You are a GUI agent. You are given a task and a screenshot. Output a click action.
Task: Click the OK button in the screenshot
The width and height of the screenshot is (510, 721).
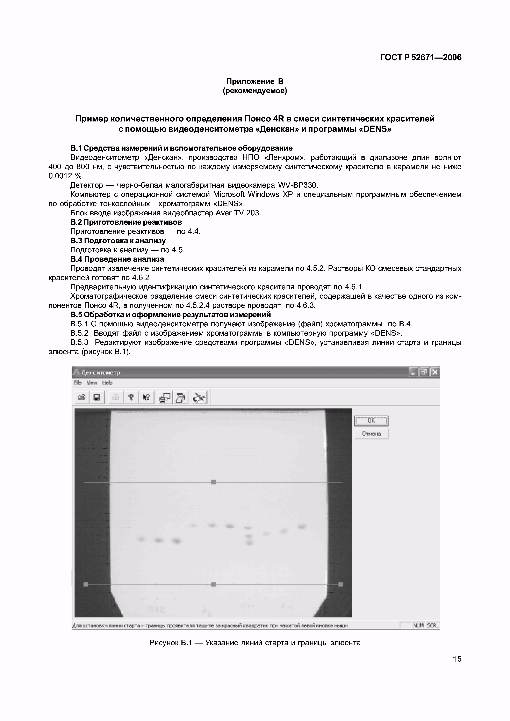click(x=371, y=421)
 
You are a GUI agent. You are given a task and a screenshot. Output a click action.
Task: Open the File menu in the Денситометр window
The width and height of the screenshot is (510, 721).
click(x=77, y=383)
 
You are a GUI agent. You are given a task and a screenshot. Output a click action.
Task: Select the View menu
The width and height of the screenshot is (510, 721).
click(x=92, y=383)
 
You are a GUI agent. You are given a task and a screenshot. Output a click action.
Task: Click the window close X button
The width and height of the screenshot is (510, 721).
click(x=435, y=372)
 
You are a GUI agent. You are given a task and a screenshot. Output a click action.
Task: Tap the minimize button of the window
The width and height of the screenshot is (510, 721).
click(x=413, y=372)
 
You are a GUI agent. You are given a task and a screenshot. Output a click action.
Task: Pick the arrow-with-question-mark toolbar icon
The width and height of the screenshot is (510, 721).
click(x=146, y=397)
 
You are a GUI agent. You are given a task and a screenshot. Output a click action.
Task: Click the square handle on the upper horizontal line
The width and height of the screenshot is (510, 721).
click(x=213, y=482)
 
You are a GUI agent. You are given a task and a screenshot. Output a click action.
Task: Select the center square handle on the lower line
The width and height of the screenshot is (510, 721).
click(x=213, y=584)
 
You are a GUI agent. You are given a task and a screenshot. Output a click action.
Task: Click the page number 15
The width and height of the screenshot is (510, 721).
click(x=457, y=659)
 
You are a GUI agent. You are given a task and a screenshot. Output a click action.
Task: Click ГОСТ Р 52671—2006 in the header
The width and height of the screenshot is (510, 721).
click(x=421, y=58)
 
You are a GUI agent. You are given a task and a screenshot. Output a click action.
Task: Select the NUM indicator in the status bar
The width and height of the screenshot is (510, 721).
click(x=418, y=625)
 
